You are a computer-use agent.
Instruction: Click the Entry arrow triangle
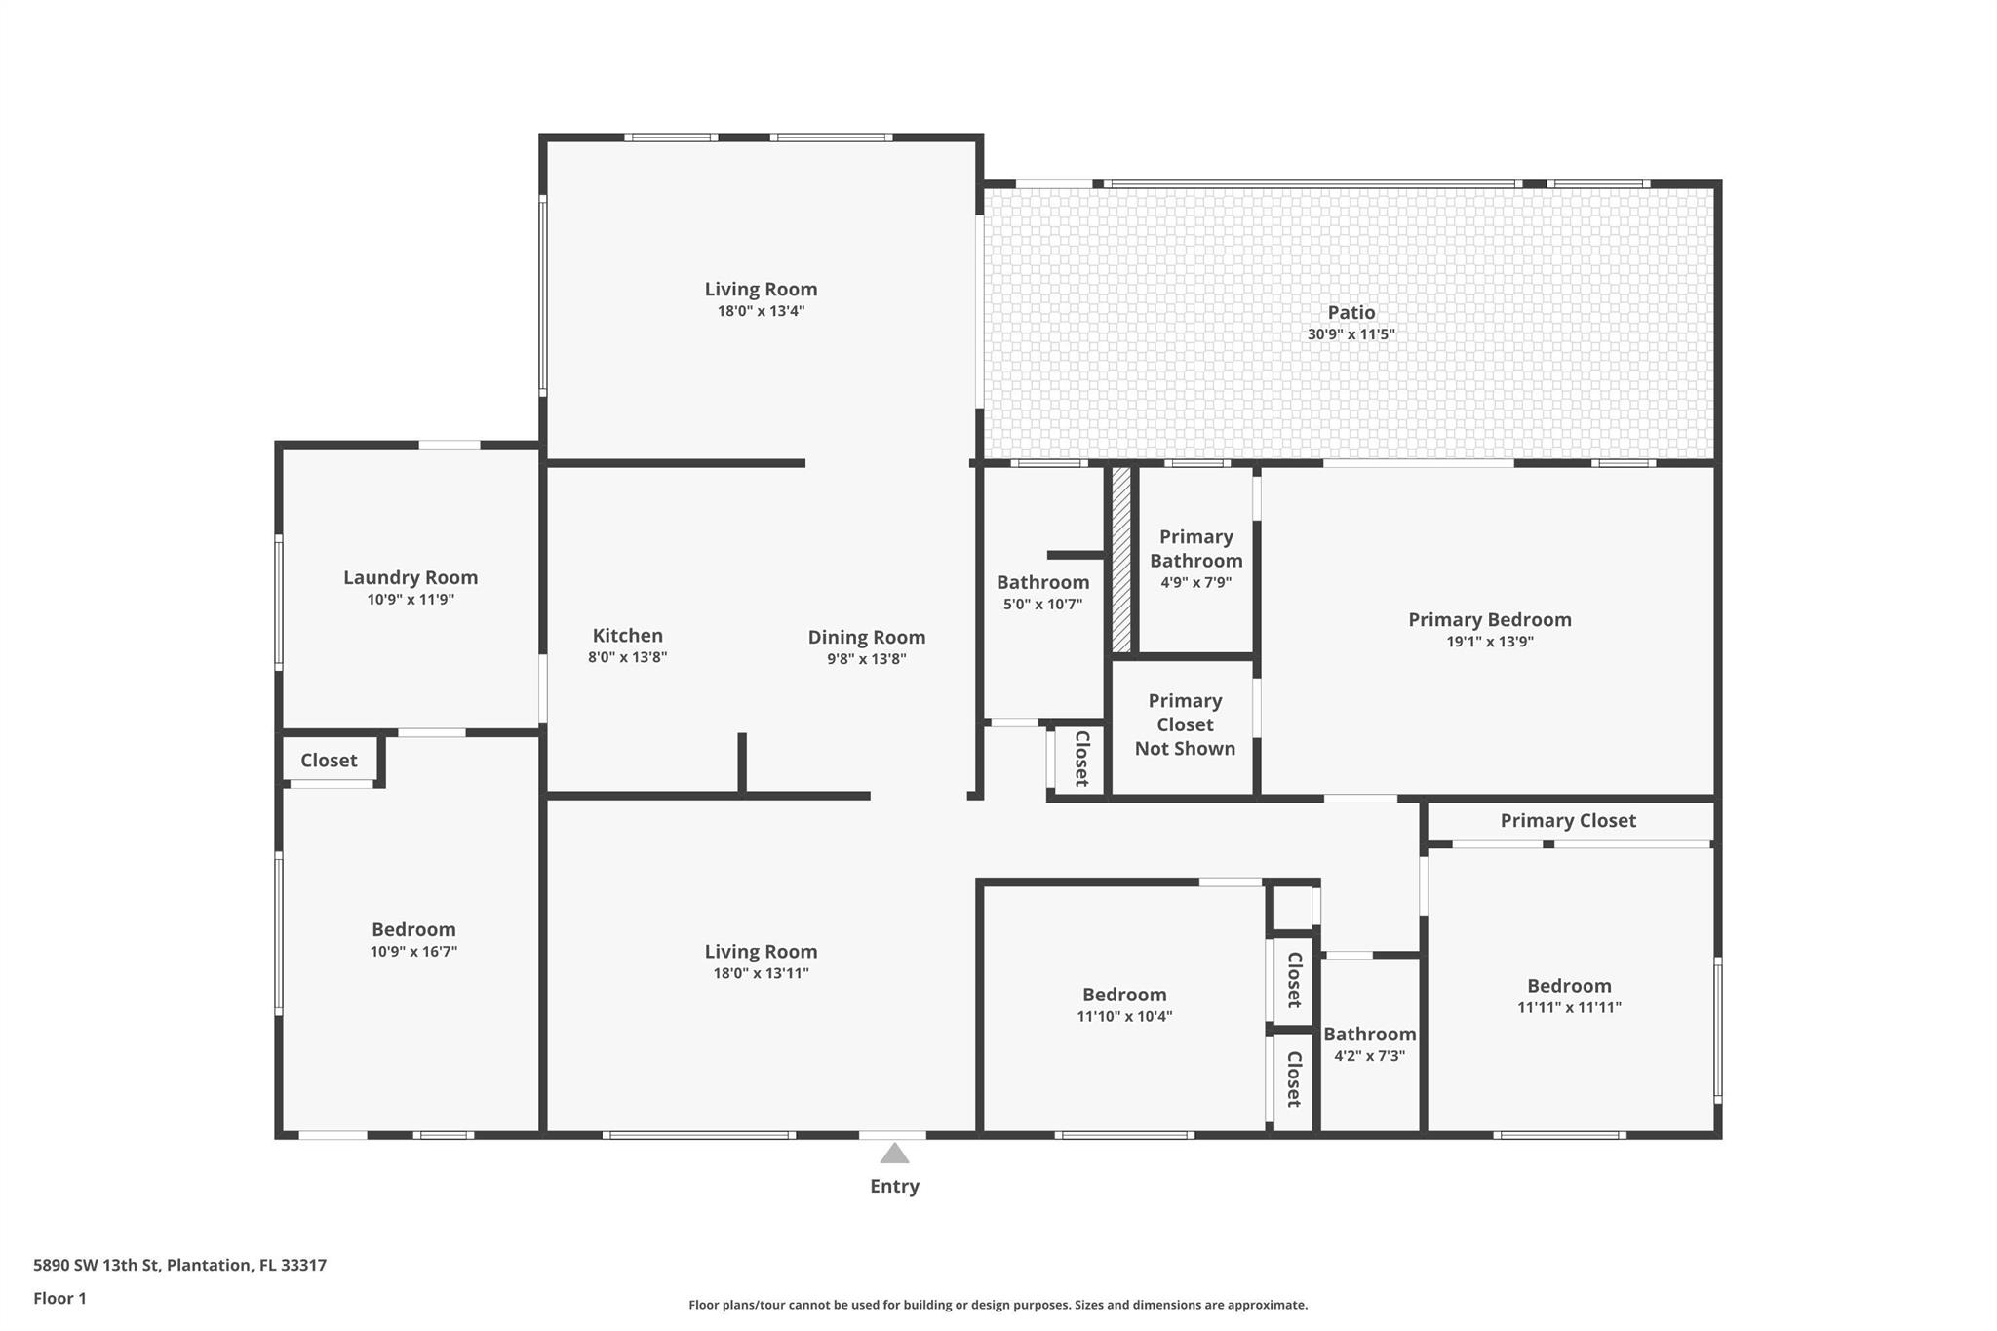pos(894,1154)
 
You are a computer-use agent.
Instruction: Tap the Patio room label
pos(1351,312)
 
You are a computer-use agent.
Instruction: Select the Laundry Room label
pos(411,577)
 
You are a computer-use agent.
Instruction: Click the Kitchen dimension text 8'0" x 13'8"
pos(627,657)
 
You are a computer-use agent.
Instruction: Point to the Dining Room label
pos(867,638)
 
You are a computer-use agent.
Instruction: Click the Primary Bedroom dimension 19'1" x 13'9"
pos(1490,642)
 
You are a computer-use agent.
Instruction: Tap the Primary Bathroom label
pos(1196,549)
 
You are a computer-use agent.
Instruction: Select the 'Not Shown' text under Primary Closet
pos(1185,749)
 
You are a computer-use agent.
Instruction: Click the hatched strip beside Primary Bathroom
pos(1121,560)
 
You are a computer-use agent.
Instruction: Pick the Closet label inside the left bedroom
pos(329,761)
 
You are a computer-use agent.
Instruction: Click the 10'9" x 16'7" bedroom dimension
pos(413,952)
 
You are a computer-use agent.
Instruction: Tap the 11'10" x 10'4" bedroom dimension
pos(1124,1017)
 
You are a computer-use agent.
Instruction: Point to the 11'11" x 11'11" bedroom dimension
pos(1569,1008)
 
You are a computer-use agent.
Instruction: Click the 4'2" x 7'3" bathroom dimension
pos(1369,1056)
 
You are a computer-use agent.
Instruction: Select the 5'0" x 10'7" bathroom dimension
pos(1042,605)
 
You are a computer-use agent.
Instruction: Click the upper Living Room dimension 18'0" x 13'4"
pos(761,312)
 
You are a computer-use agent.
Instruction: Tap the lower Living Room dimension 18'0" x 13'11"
pos(761,973)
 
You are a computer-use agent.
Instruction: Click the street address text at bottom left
pos(179,1266)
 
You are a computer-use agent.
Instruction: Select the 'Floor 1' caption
pos(59,1299)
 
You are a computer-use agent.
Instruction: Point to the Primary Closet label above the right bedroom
pos(1568,821)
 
